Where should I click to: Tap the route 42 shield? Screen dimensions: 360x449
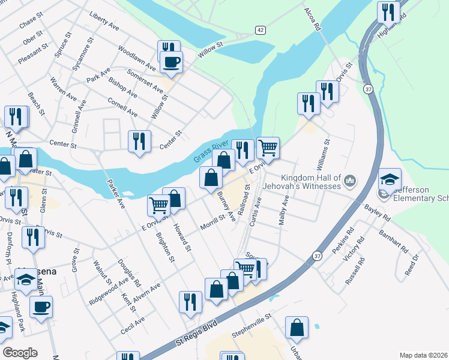coord(260,29)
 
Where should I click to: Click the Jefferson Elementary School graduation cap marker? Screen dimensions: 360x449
coord(390,179)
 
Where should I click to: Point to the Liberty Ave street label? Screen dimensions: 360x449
coord(103,20)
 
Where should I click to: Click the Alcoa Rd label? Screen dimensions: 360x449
coord(313,21)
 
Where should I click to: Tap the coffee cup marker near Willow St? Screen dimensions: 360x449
coord(171,62)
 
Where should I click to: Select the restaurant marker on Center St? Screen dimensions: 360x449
coord(139,141)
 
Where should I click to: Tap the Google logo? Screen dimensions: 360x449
coord(20,353)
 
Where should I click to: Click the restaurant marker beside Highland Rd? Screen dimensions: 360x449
coord(388,13)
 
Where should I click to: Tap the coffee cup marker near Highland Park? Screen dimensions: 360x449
coord(41,307)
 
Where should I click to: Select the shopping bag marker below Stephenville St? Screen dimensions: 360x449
coord(297,328)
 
